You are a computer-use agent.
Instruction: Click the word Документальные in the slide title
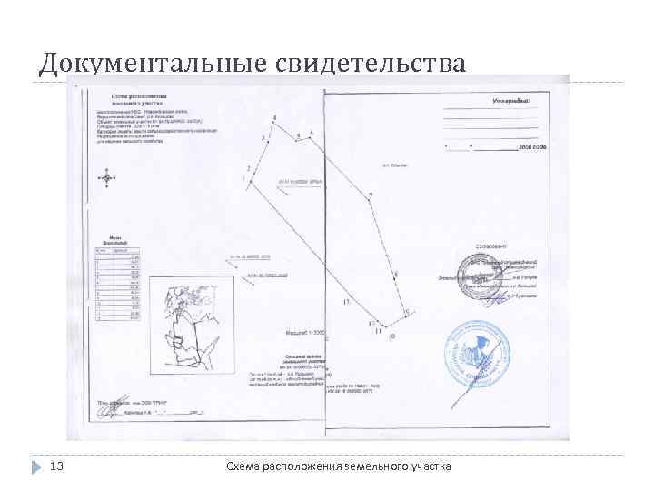[145, 63]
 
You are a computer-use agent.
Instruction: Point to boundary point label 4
[273, 119]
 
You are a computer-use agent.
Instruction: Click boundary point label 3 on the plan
[263, 137]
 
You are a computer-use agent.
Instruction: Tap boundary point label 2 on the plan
[247, 170]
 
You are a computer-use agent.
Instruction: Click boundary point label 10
[391, 336]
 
